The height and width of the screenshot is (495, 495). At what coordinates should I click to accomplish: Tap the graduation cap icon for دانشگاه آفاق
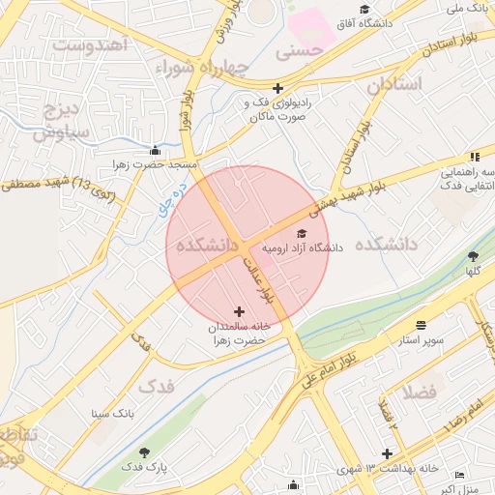coord(364,10)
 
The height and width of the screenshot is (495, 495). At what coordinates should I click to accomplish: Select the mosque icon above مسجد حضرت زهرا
coord(156,151)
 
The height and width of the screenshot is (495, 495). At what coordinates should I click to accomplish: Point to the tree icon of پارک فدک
coord(144,452)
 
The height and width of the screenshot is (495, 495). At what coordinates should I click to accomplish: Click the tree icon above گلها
coord(473,256)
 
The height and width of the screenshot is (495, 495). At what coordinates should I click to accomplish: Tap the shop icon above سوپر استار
coord(421,326)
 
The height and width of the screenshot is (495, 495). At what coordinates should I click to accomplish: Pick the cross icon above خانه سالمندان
coord(240,311)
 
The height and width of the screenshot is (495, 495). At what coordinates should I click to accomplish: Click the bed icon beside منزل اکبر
coord(459,476)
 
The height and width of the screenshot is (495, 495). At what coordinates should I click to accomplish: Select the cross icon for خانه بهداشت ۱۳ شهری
coord(387,453)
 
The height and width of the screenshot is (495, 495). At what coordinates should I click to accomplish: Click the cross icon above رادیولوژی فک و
coord(278,88)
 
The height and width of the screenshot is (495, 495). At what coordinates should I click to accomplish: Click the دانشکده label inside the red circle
coord(207,246)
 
